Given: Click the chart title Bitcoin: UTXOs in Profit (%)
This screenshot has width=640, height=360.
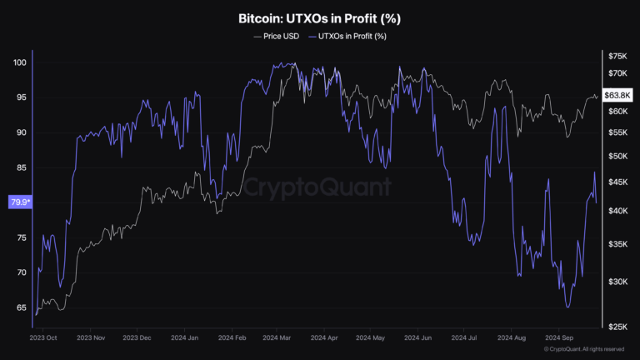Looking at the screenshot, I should click(320, 17).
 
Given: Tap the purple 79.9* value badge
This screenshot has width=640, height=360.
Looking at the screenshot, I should click(19, 202).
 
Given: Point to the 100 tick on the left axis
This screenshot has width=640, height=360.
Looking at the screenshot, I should click(19, 62).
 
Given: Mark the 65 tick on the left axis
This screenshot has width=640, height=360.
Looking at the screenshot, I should click(19, 307).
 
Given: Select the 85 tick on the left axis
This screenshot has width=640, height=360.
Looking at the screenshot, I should click(19, 167).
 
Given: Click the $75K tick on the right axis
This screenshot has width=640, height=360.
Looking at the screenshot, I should click(617, 56).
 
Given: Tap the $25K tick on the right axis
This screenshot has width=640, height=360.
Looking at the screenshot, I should click(617, 325).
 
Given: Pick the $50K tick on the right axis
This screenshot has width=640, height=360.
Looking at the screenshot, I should click(617, 157).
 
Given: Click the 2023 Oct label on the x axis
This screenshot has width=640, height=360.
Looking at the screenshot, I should click(42, 339).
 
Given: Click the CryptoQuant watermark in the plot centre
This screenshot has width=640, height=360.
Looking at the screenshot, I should click(320, 186).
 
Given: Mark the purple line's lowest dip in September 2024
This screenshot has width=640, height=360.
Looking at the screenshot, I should click(568, 307).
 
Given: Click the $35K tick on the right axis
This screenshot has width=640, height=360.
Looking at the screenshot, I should click(617, 244).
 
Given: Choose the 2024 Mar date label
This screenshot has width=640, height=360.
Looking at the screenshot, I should click(276, 339).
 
